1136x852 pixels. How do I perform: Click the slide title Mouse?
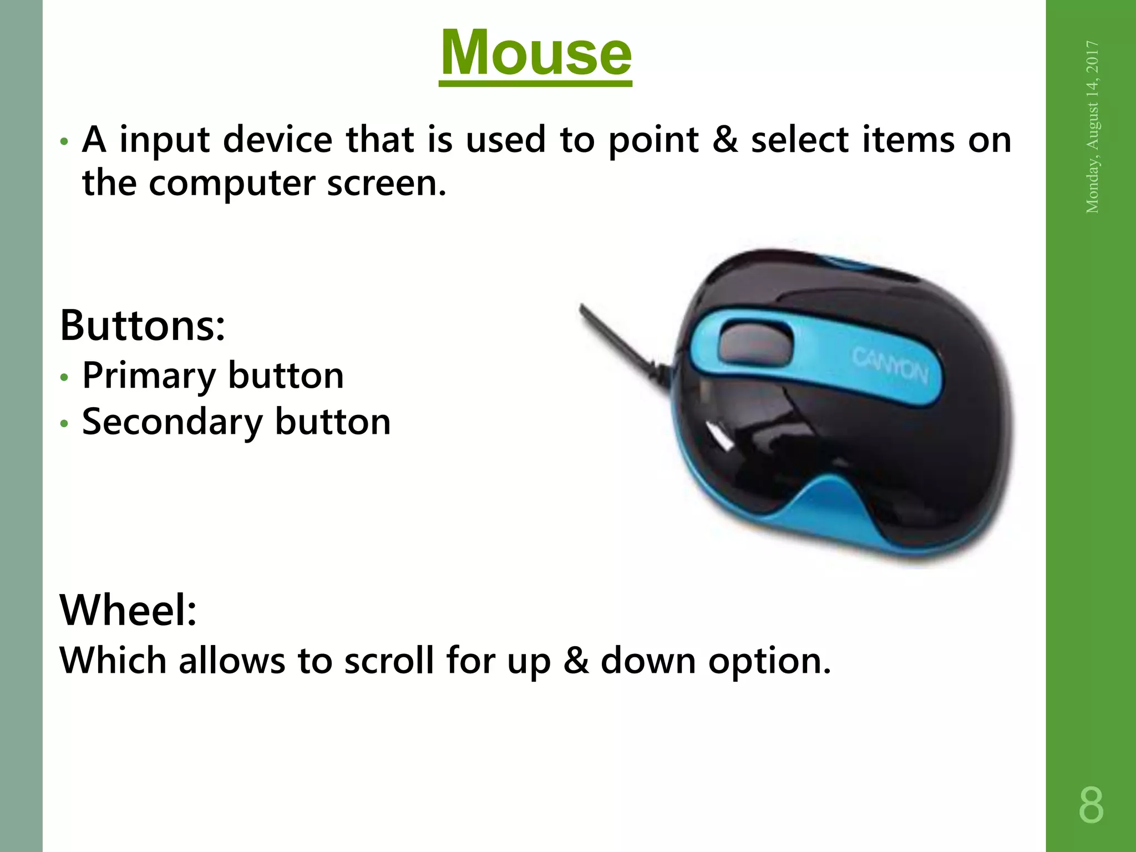535,53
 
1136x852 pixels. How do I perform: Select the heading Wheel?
128,610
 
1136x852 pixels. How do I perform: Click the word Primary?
149,376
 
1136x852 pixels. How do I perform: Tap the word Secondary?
172,422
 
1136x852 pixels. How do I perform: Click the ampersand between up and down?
575,661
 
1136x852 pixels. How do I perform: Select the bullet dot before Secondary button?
65,424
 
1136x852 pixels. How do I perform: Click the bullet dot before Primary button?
65,378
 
